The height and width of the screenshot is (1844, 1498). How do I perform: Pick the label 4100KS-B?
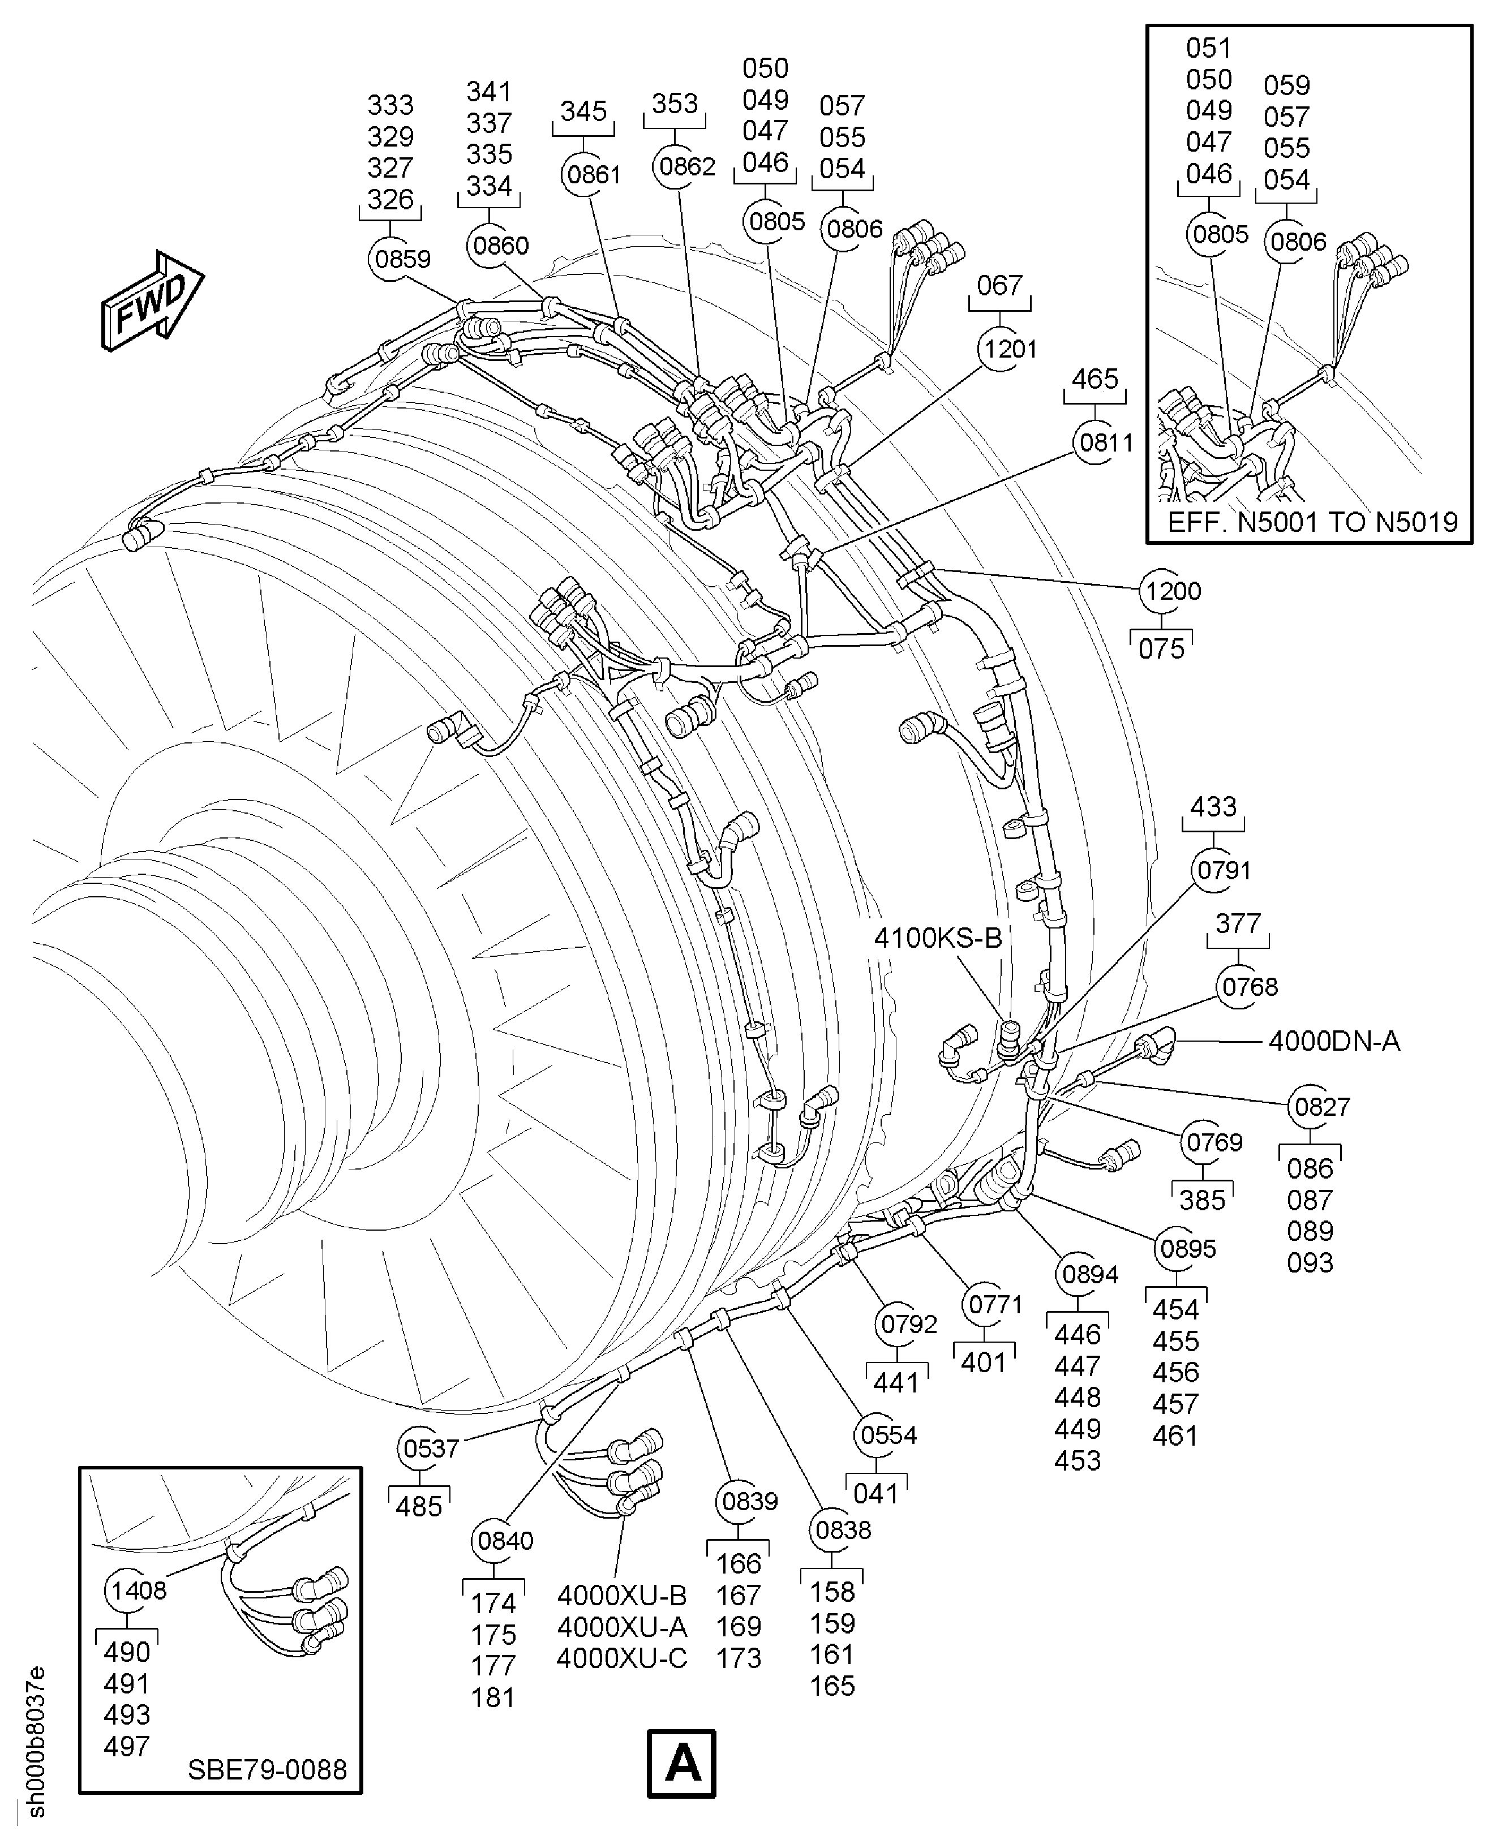point(938,938)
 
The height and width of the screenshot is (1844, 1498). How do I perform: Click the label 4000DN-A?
point(1334,1042)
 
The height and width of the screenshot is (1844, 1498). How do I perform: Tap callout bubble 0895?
point(1187,1249)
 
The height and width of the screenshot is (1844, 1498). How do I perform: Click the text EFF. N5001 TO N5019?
point(1312,522)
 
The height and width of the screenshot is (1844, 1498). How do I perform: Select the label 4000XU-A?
point(622,1627)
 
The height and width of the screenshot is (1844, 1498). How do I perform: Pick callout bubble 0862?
point(687,166)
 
